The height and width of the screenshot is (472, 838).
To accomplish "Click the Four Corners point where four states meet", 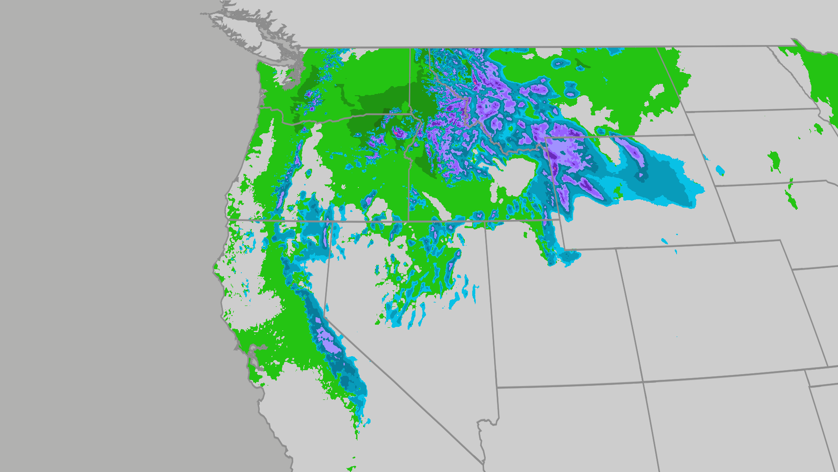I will (x=643, y=382).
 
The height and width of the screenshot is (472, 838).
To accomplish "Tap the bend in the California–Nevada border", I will (x=325, y=318).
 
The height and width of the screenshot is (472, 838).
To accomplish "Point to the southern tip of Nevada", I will (x=484, y=462).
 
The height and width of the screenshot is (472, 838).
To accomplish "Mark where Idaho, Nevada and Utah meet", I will (x=486, y=222).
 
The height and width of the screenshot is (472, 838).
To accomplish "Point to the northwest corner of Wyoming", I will (x=546, y=138).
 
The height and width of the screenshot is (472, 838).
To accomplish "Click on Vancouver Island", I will (x=244, y=31).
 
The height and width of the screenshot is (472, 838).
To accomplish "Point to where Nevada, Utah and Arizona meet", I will (x=497, y=387).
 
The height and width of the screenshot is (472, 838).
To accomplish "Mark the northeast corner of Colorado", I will (x=793, y=269).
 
